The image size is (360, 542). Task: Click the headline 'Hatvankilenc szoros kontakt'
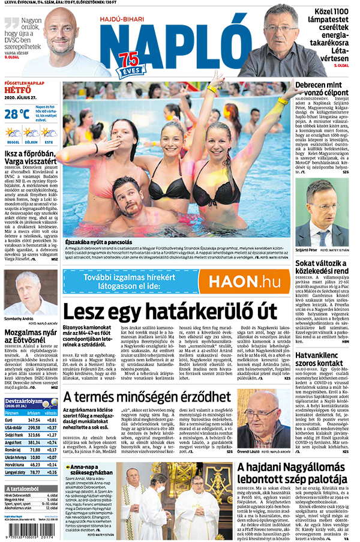322,359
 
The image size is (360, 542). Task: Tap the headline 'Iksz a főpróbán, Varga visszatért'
31,157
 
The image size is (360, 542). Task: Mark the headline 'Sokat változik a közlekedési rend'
322,266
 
